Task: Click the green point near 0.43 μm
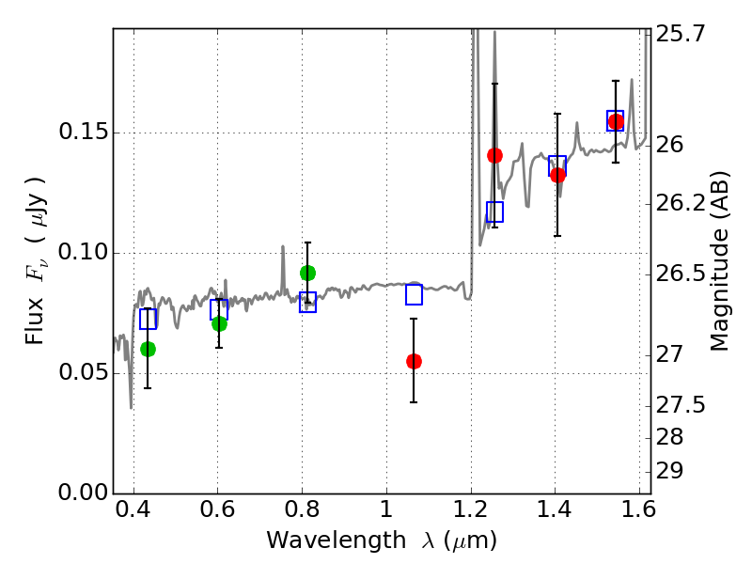click(148, 349)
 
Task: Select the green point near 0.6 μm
click(219, 323)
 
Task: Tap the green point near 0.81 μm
click(307, 273)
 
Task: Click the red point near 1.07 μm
click(414, 361)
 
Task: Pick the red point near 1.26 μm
click(495, 155)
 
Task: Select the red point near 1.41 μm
click(557, 175)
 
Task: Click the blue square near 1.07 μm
click(414, 295)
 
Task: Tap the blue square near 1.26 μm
click(495, 211)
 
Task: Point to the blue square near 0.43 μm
click(148, 319)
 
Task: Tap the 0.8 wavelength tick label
click(302, 512)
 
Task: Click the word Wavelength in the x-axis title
click(319, 540)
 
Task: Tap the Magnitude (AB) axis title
click(721, 260)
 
